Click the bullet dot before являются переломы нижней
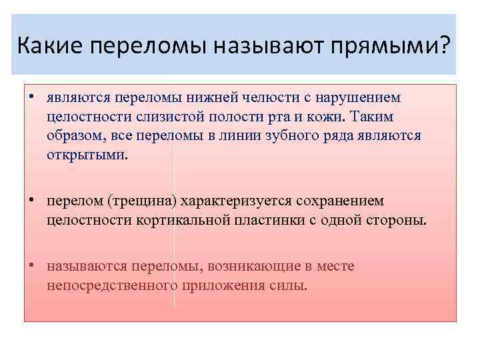coord(32,97)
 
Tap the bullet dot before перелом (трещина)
coord(32,200)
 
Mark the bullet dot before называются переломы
coord(32,267)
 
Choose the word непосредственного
coord(111,286)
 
